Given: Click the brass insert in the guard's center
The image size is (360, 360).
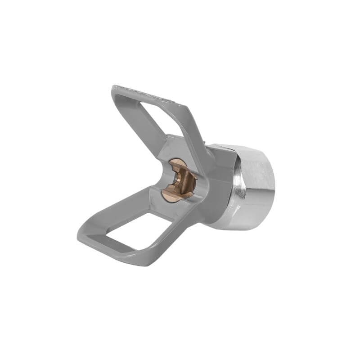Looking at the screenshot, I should tap(179, 180).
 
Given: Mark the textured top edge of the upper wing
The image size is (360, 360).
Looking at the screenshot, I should tap(148, 94).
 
